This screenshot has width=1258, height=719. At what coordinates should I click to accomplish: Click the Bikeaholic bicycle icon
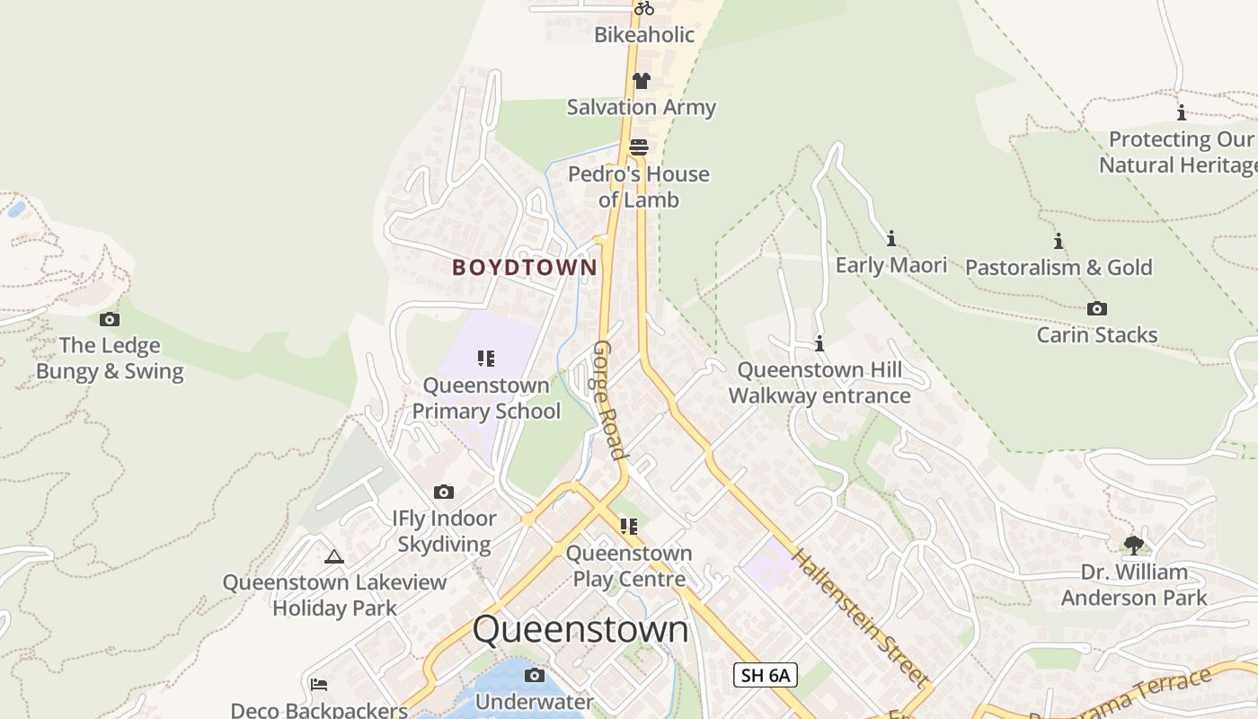click(643, 8)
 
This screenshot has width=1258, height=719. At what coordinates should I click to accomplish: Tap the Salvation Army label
click(641, 107)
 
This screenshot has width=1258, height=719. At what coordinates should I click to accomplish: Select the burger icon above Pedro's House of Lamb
click(639, 146)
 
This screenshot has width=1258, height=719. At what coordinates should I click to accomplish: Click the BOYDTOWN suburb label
click(524, 267)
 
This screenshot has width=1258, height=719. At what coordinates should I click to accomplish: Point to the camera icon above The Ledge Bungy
click(110, 319)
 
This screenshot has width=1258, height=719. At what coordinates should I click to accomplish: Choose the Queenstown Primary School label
click(486, 398)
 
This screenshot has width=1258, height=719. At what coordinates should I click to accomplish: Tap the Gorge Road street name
click(608, 400)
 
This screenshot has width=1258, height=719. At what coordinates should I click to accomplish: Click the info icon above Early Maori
click(891, 238)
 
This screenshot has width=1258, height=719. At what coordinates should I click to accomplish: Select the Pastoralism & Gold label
click(1059, 267)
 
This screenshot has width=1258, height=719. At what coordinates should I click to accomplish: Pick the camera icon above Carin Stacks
click(1097, 309)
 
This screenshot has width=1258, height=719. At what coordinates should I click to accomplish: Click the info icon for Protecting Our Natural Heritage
click(1181, 113)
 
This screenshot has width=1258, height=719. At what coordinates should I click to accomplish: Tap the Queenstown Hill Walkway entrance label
click(819, 383)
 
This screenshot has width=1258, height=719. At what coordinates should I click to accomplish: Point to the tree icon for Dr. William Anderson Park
click(1134, 545)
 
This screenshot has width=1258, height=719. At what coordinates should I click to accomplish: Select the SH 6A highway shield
click(765, 675)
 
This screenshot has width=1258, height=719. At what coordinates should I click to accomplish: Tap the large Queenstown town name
click(580, 629)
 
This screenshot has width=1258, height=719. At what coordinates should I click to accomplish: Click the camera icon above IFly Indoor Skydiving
click(444, 492)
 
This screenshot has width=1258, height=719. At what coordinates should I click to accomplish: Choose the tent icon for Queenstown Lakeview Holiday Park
click(334, 557)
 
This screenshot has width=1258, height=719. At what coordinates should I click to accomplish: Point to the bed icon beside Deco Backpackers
click(319, 685)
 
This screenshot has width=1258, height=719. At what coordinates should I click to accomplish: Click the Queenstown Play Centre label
click(629, 565)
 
